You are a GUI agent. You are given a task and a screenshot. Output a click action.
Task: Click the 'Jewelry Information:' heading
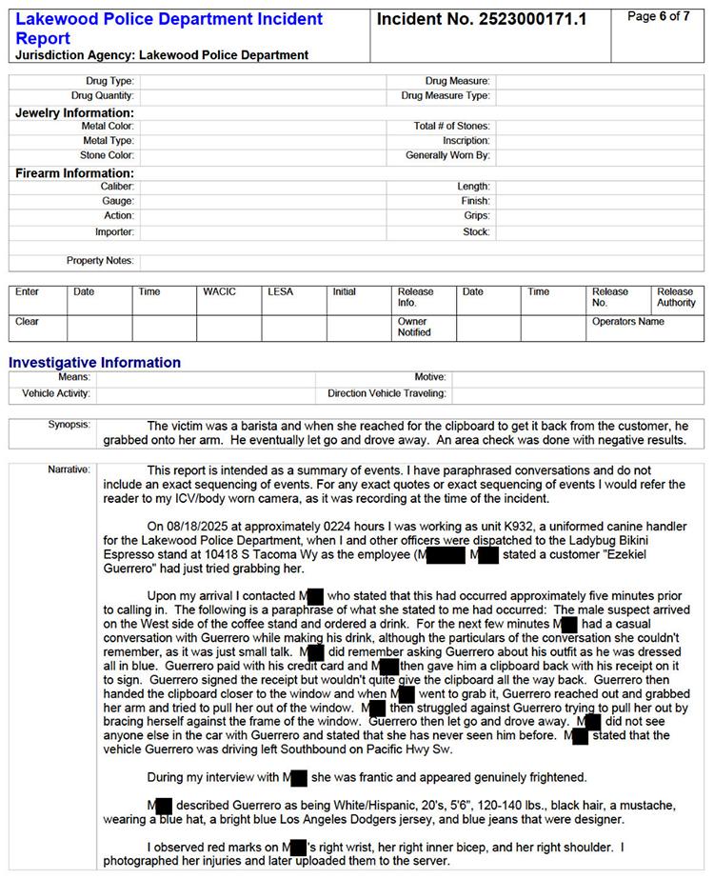tap(74, 113)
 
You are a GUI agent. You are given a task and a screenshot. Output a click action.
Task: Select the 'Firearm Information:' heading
tap(74, 173)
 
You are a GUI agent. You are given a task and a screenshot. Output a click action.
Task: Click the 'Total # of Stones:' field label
tap(451, 127)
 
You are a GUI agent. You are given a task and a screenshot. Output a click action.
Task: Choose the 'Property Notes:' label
tap(100, 261)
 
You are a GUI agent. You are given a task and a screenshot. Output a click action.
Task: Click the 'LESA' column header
tap(281, 292)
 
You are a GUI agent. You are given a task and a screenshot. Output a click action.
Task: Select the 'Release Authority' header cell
tap(676, 297)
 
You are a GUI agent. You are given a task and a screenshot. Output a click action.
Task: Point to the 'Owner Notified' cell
tap(413, 327)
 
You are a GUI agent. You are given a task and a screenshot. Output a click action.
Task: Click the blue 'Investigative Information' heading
tap(94, 363)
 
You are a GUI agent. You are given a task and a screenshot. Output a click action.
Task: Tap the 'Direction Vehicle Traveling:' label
tap(387, 392)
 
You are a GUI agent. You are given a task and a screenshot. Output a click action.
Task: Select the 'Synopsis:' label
tap(69, 424)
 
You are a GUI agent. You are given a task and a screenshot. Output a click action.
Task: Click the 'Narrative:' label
tap(69, 469)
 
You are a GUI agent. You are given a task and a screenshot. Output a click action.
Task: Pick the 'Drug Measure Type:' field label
tap(446, 96)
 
